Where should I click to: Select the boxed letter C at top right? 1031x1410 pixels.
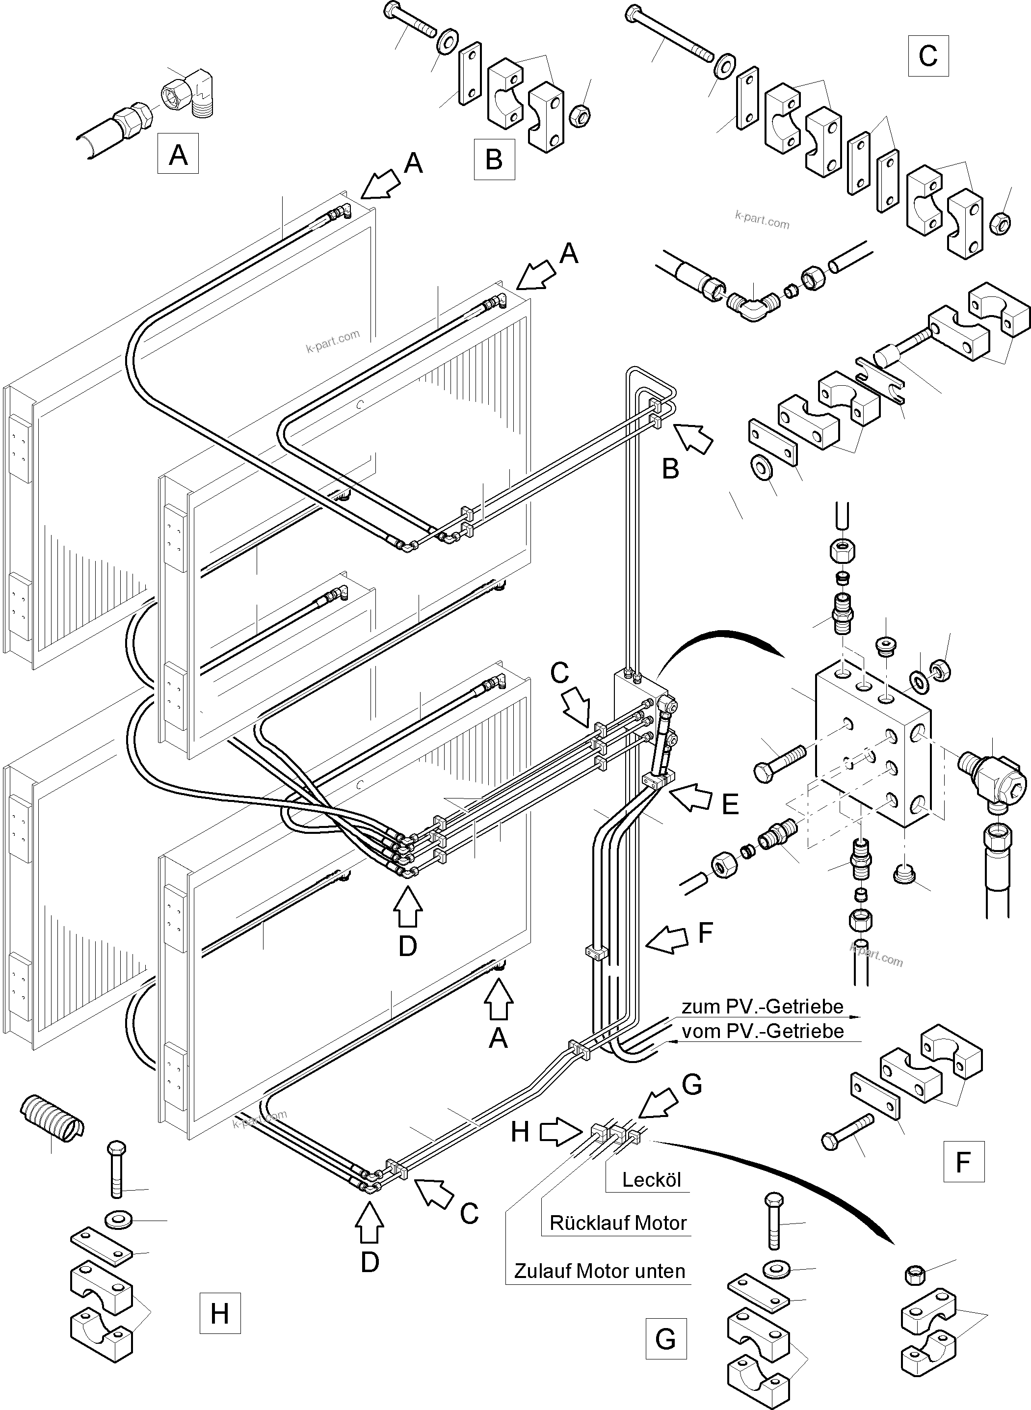928,55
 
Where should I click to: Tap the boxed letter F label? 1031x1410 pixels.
964,1162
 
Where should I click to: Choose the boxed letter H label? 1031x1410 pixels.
220,1314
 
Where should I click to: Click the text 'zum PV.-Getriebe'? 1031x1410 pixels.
762,1007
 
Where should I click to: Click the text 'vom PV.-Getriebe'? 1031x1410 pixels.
762,1031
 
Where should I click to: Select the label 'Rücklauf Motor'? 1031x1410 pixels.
618,1223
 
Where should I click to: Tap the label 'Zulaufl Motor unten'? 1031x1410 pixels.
599,1271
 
